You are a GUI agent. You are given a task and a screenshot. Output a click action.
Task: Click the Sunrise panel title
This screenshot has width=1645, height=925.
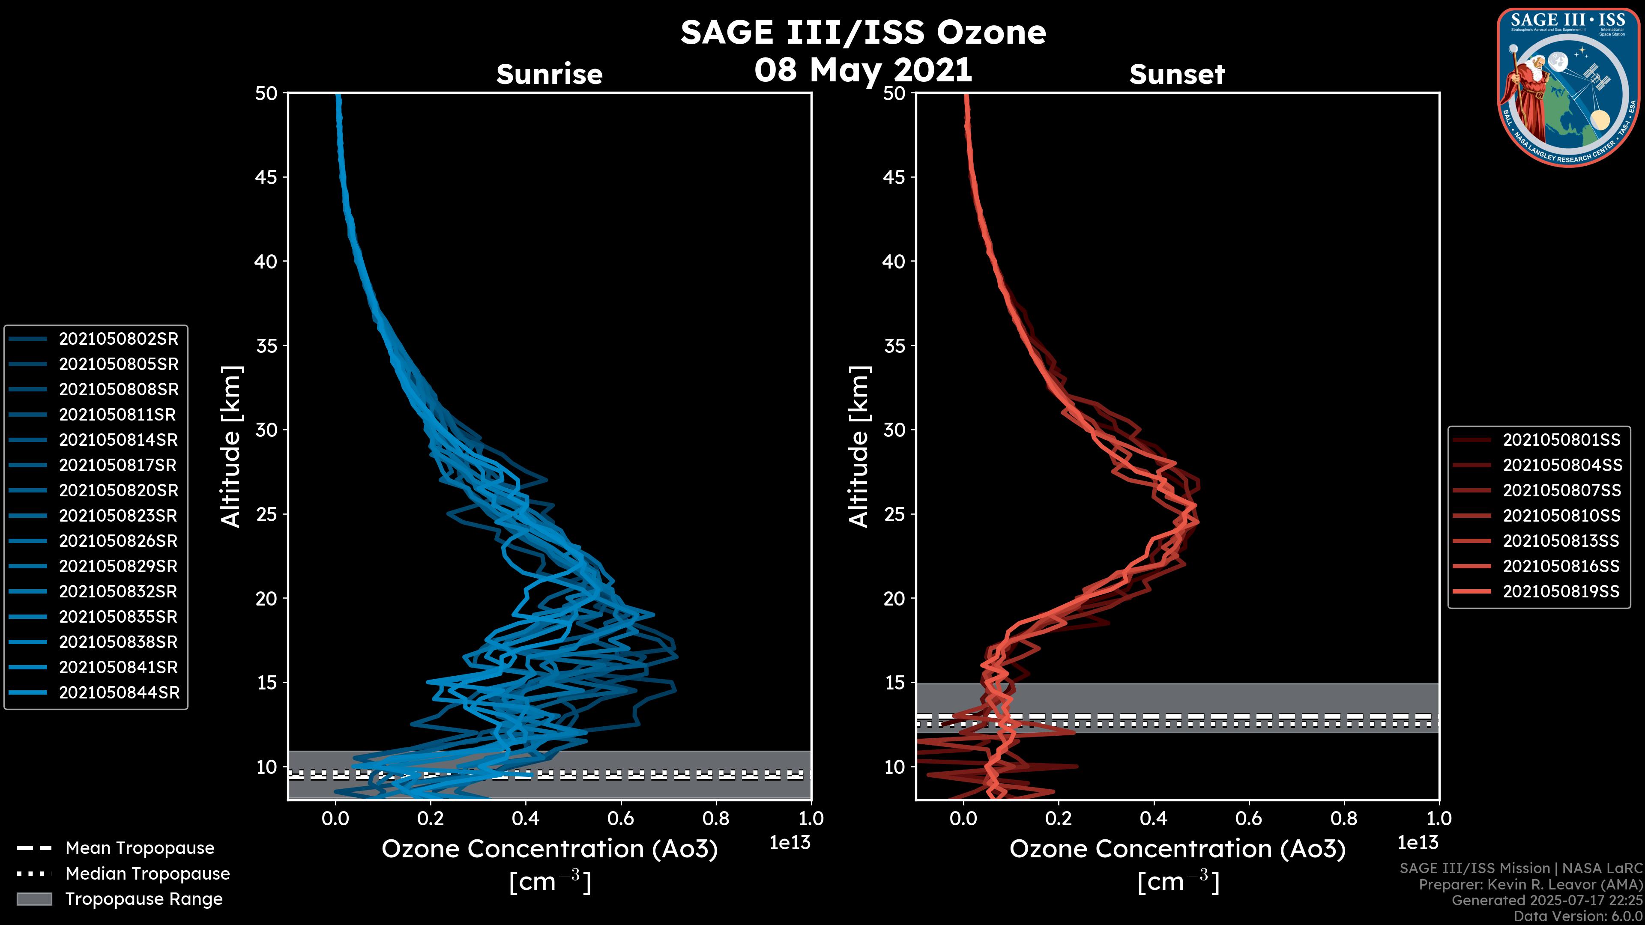tap(549, 75)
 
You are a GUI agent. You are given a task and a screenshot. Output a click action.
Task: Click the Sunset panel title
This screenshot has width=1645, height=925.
tap(1177, 75)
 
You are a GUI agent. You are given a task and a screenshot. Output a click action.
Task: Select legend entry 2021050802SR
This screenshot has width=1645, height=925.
tap(118, 339)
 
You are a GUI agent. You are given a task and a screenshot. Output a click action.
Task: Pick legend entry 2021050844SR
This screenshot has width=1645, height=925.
tap(119, 692)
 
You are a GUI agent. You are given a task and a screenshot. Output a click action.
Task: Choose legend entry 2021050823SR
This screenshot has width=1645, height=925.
tap(118, 516)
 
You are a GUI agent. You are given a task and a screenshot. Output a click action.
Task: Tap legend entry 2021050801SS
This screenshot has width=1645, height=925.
tap(1561, 440)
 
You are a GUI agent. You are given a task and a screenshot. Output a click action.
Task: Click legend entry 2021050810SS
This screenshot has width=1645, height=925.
tap(1561, 516)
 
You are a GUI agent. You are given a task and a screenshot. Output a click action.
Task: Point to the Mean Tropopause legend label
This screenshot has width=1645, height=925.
tap(140, 848)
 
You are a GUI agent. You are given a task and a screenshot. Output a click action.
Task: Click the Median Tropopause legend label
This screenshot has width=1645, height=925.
tap(147, 874)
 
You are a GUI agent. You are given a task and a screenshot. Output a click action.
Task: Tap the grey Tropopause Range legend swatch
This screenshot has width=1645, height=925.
tap(34, 899)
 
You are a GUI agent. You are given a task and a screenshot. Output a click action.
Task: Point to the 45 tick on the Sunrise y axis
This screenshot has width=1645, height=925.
tap(266, 177)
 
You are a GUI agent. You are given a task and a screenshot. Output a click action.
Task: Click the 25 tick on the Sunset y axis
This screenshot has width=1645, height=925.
tap(894, 514)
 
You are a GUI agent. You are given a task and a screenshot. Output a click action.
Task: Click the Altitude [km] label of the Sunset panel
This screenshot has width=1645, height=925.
tap(859, 447)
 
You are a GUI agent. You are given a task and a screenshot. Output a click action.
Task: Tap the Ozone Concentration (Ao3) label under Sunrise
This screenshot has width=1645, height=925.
tap(549, 850)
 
